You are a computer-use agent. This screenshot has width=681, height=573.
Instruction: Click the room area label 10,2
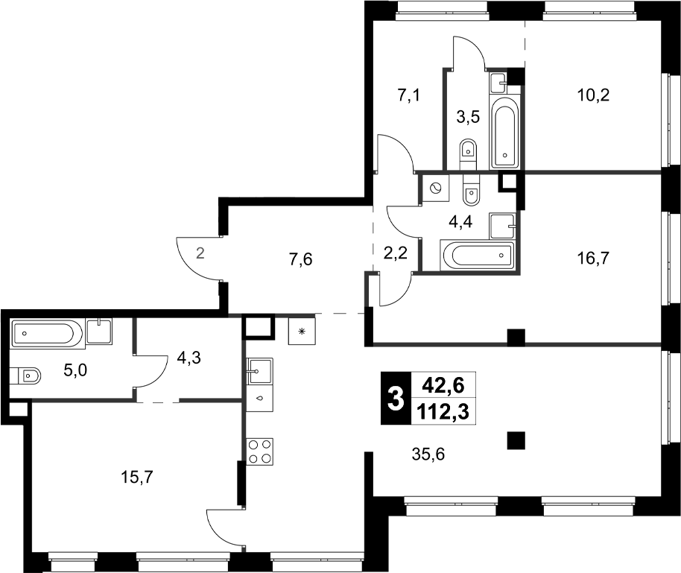tap(594, 95)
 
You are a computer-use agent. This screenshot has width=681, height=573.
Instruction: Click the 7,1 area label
tap(411, 95)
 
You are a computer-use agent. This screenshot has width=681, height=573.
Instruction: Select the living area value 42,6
tap(443, 385)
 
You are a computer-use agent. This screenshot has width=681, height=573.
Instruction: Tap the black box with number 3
tap(395, 398)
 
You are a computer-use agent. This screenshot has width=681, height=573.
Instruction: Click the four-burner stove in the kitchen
tap(260, 451)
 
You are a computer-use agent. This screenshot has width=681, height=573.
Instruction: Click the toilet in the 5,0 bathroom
tap(27, 375)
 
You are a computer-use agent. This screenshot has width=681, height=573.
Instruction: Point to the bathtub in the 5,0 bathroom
tap(45, 333)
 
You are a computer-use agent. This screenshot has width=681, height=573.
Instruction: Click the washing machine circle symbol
tap(435, 188)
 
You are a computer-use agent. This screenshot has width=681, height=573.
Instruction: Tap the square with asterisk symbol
tap(302, 331)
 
